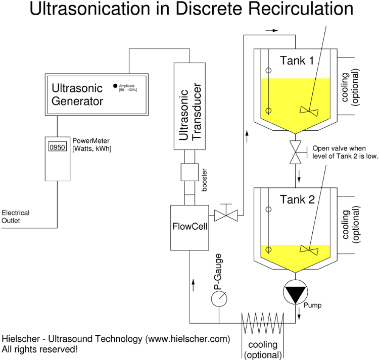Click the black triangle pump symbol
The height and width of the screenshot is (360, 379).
[x=295, y=294]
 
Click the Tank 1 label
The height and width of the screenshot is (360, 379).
[x=297, y=61]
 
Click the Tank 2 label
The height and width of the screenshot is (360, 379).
[x=297, y=198]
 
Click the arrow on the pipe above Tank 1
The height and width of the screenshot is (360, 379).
[x=272, y=30]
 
